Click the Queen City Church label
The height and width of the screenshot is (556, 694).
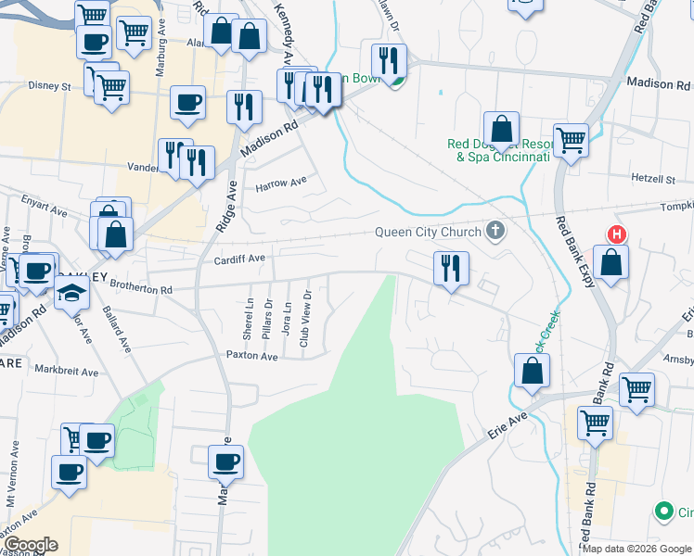(x=428, y=233)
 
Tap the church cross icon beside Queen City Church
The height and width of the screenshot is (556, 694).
(x=496, y=231)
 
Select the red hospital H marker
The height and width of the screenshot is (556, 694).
(x=614, y=234)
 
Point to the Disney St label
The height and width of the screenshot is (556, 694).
(x=49, y=86)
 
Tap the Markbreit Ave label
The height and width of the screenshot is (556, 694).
(x=67, y=372)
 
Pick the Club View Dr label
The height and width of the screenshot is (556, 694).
(x=304, y=319)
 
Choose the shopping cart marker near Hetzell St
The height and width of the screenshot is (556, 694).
(x=572, y=141)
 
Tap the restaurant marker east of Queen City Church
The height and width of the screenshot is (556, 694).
(x=450, y=269)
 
